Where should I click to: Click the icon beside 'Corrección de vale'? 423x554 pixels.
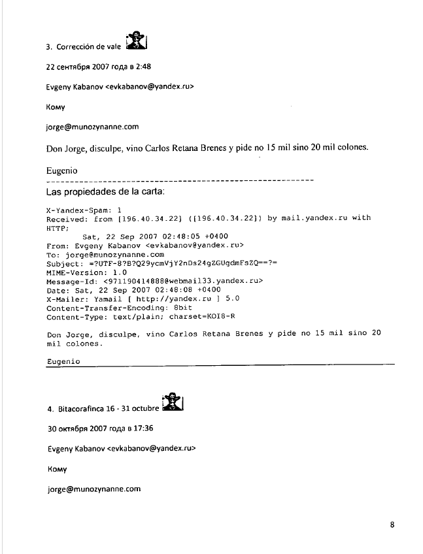136,41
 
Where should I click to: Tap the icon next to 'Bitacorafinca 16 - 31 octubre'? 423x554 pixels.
173,402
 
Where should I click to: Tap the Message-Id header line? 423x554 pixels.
154,281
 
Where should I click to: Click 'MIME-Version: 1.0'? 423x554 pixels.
86,272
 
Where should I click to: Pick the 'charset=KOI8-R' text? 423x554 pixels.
203,316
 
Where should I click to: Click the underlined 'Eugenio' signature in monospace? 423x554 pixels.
63,361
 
